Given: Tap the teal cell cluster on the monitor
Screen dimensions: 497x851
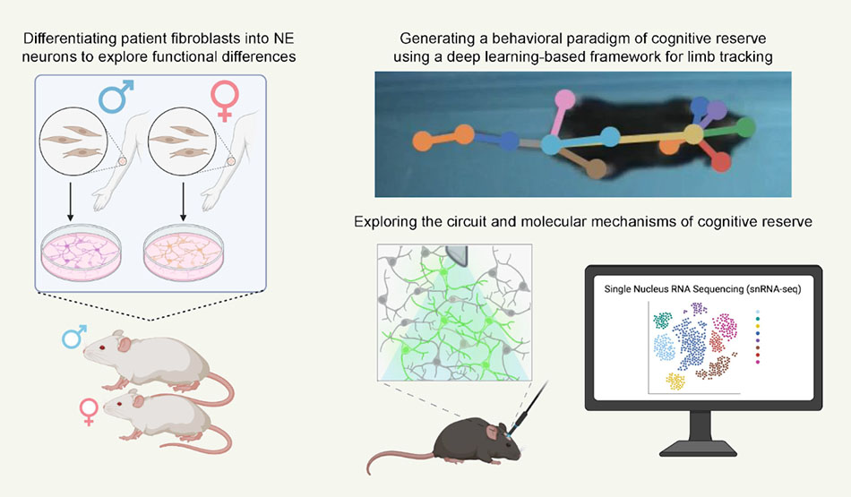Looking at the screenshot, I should (x=664, y=320).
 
